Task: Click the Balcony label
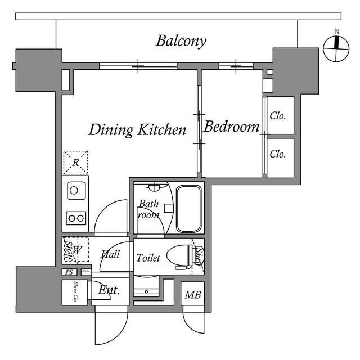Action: (181, 41)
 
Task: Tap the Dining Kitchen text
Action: (138, 130)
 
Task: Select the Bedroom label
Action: (231, 127)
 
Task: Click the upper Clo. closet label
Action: (278, 116)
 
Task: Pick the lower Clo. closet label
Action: (278, 154)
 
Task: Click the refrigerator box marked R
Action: (75, 163)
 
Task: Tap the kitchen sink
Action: (75, 190)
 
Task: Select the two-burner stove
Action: (75, 216)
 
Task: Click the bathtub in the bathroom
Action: (189, 208)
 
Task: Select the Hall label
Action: (110, 255)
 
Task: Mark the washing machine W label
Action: (78, 249)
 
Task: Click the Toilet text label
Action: (148, 258)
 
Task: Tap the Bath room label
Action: (148, 209)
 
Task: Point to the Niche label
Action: (85, 272)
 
